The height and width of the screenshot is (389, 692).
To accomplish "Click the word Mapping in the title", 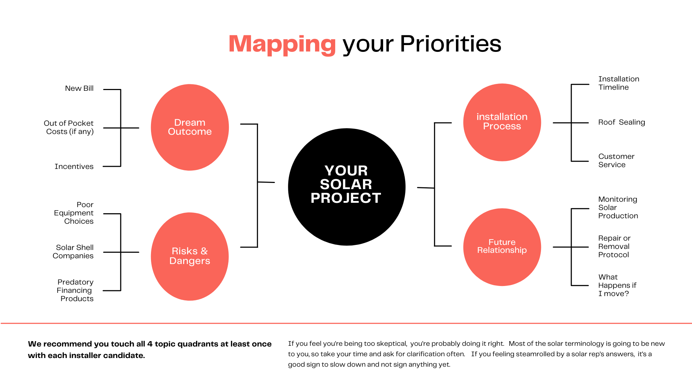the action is (x=282, y=44).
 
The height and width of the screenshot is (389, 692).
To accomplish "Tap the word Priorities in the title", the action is (x=451, y=44).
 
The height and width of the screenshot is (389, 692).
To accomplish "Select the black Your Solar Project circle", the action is (x=347, y=187).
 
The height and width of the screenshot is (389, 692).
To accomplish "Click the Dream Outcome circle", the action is (x=190, y=127).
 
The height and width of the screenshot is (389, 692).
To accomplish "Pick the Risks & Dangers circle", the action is (x=190, y=256).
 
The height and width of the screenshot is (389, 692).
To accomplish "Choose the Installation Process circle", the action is (x=502, y=122).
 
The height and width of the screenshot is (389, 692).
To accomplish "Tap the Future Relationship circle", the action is (x=502, y=247).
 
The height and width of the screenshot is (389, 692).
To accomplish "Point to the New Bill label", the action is (x=79, y=88).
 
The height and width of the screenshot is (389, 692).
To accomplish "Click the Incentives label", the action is (x=74, y=166).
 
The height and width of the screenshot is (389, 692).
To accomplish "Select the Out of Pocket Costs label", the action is (x=69, y=128).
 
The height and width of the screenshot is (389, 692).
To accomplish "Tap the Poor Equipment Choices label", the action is (x=74, y=213).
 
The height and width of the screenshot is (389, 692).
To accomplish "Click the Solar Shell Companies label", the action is (x=73, y=251).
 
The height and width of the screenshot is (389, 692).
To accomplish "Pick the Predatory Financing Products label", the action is (x=75, y=290).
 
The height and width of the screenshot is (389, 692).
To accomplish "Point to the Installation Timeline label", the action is (x=619, y=83).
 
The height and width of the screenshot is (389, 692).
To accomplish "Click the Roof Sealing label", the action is (x=622, y=122).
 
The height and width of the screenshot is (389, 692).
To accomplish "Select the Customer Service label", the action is (x=616, y=160).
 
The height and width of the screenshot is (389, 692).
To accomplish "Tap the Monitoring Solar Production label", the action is (x=618, y=207).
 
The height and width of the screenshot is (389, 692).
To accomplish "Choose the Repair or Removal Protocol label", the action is (x=614, y=246).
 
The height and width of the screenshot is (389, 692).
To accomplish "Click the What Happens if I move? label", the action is (x=617, y=285).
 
